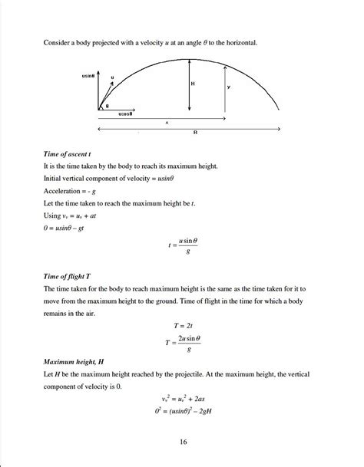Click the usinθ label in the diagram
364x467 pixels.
pyautogui.click(x=88, y=77)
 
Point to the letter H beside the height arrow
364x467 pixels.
pyautogui.click(x=192, y=83)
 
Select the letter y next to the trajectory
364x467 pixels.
pyautogui.click(x=228, y=87)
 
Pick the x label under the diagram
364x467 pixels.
pyautogui.click(x=167, y=122)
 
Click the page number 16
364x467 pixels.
pyautogui.click(x=182, y=442)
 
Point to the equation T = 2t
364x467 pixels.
pyautogui.click(x=182, y=327)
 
